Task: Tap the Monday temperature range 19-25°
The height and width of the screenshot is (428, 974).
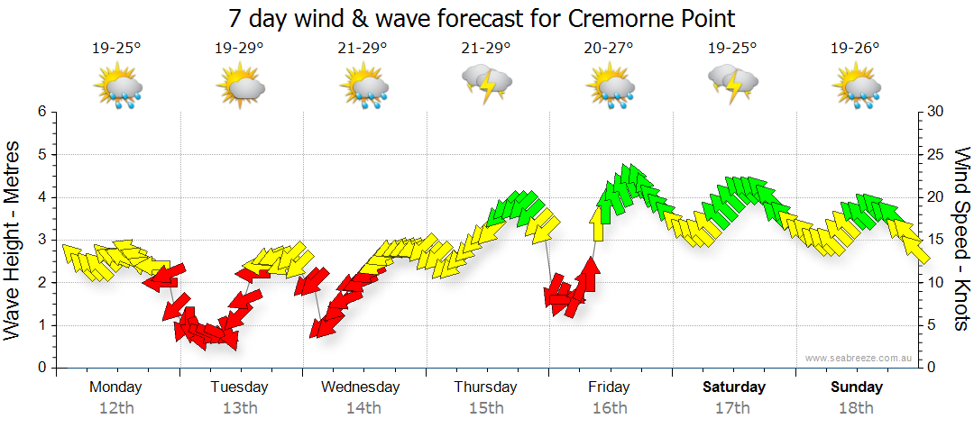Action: coord(116,49)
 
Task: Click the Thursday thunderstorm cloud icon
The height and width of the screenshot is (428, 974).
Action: coord(486,85)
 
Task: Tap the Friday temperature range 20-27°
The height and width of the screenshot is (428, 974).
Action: coord(609,49)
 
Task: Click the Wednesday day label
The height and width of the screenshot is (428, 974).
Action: coord(361,387)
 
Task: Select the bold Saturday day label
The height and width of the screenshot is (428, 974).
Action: coord(733,387)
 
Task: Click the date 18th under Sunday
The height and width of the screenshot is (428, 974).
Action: coord(857,408)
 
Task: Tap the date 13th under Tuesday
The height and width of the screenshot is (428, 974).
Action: coord(240,408)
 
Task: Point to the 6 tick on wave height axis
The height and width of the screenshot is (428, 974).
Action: coord(41,112)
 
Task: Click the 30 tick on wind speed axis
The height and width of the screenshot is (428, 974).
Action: coord(936,112)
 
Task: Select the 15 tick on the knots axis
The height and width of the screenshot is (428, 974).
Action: coord(936,240)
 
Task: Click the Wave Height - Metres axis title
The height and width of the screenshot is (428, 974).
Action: coord(14,239)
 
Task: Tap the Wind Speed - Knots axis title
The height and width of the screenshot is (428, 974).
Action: coord(961,239)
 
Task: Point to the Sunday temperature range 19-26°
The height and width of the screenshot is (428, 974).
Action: coord(855,49)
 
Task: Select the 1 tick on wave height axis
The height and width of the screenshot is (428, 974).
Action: coord(41,325)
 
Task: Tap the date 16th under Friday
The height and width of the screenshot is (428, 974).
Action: coord(610,408)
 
